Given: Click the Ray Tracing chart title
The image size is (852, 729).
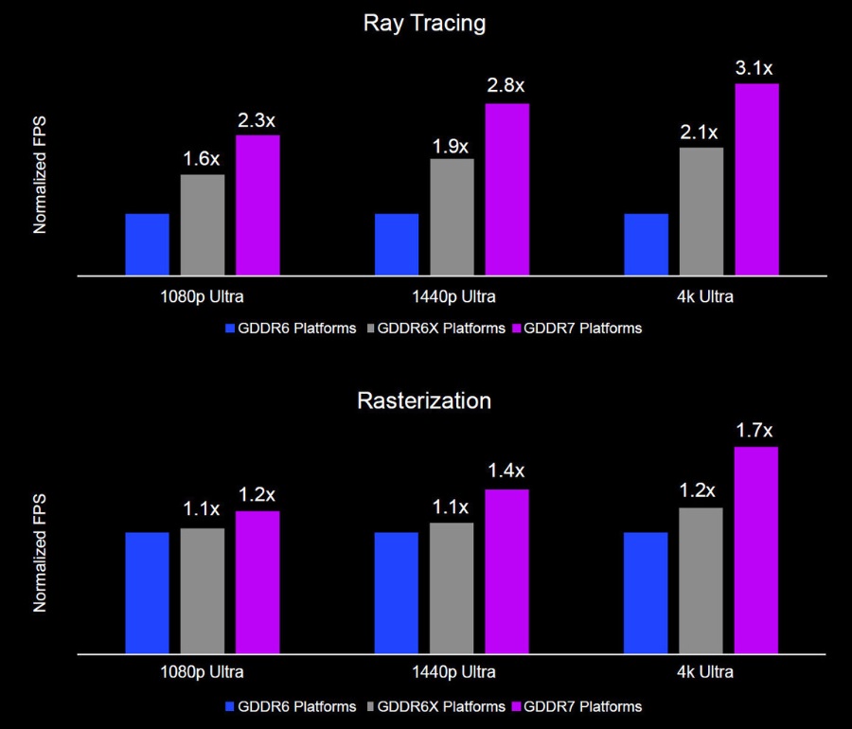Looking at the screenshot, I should click(x=425, y=24).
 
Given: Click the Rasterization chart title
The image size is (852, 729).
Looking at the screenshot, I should click(x=424, y=400).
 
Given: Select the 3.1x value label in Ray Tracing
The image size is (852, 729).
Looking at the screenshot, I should click(x=754, y=68).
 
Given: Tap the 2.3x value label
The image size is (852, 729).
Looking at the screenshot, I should click(x=257, y=120).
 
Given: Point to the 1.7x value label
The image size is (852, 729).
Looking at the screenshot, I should click(x=754, y=432).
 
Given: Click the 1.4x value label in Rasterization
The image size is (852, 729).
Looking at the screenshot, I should click(x=506, y=471).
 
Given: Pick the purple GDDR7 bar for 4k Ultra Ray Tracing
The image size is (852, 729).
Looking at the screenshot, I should click(x=756, y=180).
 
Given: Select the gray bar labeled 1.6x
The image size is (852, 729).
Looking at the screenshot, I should click(x=202, y=225).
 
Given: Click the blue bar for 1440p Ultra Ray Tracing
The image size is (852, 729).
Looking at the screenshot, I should click(x=397, y=244).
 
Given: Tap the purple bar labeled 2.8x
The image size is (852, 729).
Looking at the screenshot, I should click(x=506, y=189).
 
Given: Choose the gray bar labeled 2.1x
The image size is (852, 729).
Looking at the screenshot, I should click(x=701, y=211).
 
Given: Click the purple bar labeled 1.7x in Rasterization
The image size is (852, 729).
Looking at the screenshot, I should click(x=755, y=549).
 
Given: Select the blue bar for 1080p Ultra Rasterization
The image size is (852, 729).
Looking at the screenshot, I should click(x=147, y=592).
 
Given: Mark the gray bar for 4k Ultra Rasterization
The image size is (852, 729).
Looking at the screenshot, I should click(x=701, y=579).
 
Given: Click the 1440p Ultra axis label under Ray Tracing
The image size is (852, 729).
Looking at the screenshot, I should click(x=452, y=296).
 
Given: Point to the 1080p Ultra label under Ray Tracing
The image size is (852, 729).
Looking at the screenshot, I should click(x=202, y=296).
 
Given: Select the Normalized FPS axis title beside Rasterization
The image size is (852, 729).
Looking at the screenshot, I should click(x=40, y=551).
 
